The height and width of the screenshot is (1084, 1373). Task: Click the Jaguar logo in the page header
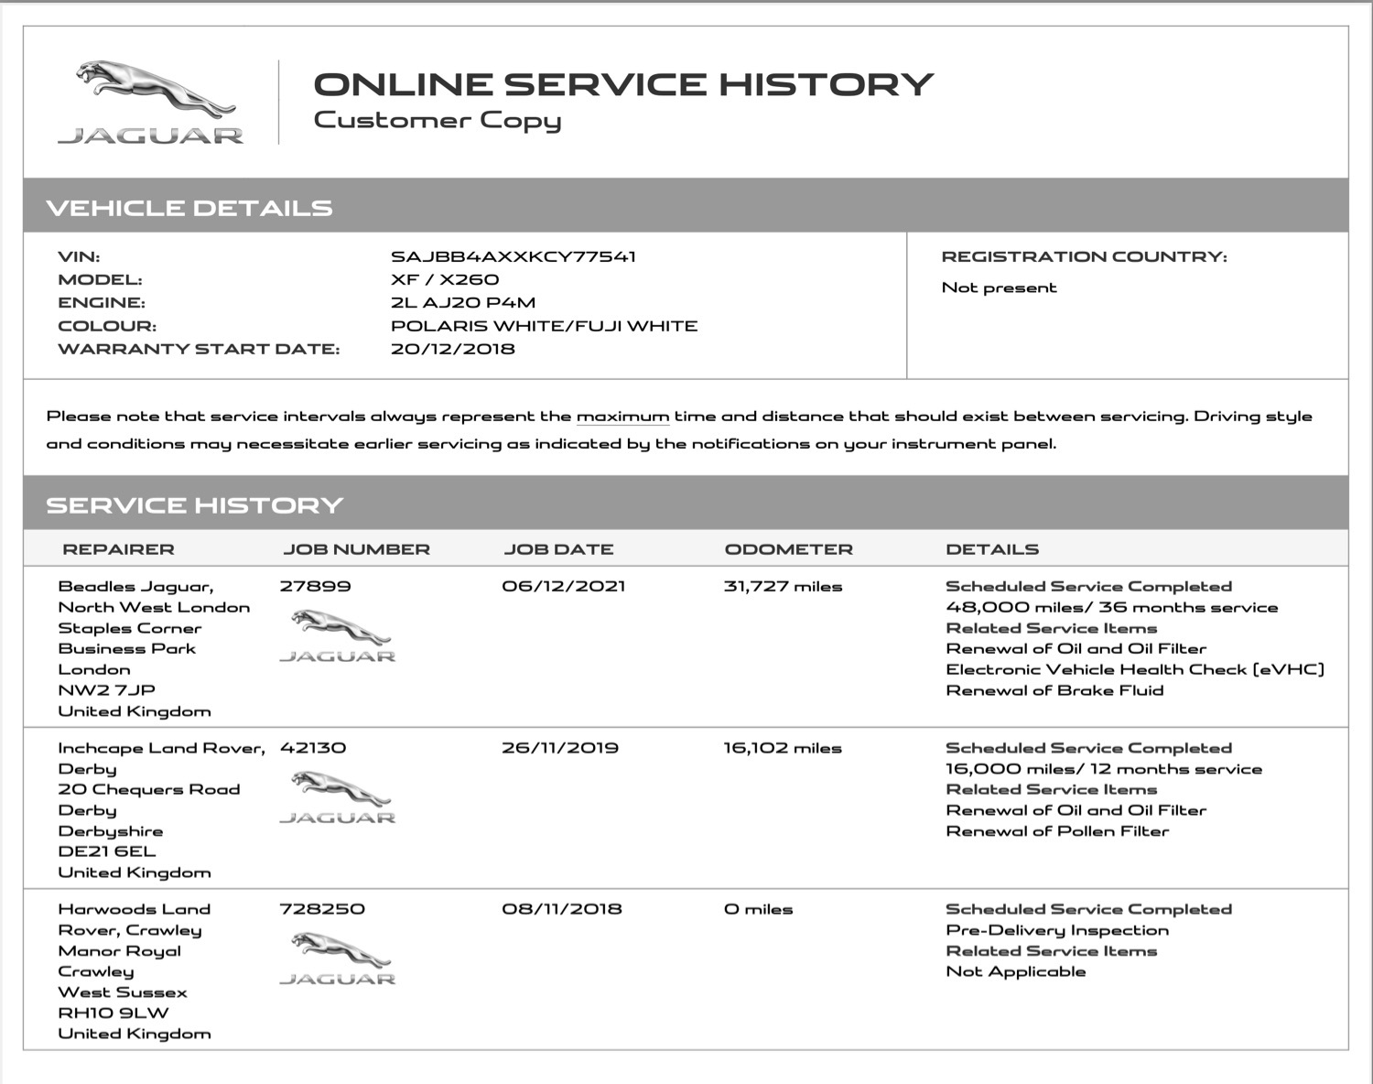151,103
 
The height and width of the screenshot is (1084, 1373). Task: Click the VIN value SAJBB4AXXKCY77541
513,257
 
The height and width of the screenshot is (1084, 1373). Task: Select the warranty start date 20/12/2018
452,349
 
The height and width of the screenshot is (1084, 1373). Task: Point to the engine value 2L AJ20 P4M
462,303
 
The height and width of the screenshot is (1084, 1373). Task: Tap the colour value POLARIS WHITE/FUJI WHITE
544,326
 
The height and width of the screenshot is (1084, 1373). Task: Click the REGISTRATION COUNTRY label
1084,257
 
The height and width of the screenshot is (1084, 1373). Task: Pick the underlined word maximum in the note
622,417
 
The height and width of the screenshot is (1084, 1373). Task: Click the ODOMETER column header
788,549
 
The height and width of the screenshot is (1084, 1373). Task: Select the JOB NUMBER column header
356,549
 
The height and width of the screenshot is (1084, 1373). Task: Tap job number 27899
315,587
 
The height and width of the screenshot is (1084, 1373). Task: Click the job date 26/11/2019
559,748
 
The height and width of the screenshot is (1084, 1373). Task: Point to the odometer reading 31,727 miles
783,587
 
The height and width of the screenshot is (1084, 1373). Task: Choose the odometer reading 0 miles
758,909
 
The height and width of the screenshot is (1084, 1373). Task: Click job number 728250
321,909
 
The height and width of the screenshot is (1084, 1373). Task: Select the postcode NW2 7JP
106,690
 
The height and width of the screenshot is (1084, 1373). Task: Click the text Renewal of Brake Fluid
1054,690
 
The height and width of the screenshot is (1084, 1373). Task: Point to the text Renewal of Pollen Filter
1057,831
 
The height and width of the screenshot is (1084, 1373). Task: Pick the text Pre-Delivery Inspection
1057,930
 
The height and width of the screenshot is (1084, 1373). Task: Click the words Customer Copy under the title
437,121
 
